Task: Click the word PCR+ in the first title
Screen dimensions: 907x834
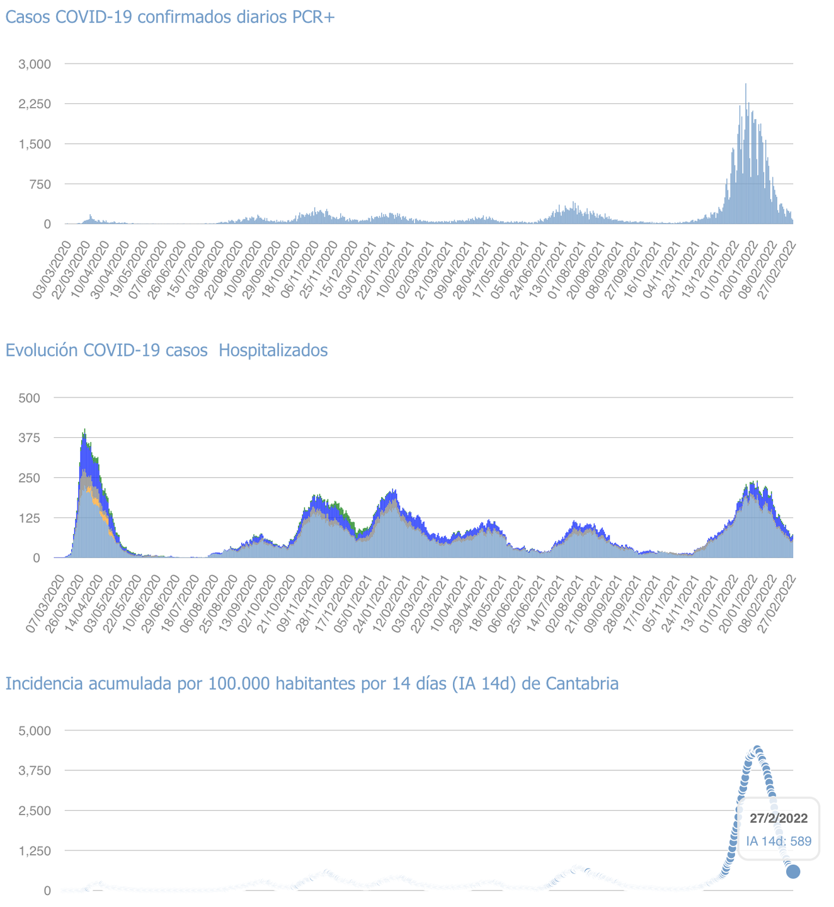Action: click(x=313, y=17)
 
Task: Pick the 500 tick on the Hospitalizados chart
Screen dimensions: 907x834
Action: click(x=30, y=397)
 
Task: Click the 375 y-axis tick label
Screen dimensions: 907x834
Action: click(x=30, y=438)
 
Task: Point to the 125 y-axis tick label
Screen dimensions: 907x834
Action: click(x=30, y=518)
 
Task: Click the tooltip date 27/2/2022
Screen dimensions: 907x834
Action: click(x=779, y=818)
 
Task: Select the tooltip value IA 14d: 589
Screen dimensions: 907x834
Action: click(x=779, y=841)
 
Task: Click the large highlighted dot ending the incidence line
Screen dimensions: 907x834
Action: click(x=793, y=872)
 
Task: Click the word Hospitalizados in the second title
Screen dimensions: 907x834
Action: click(x=273, y=350)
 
